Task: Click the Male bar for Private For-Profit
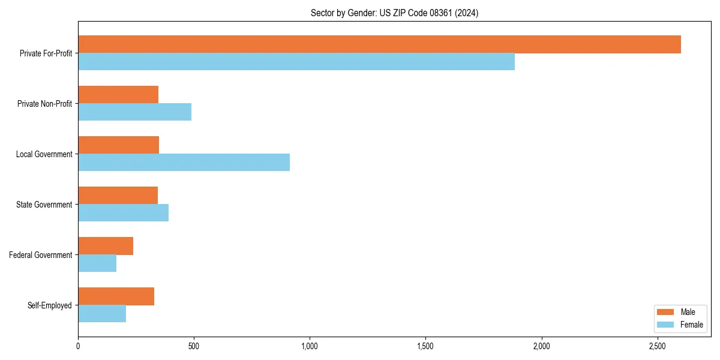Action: point(379,44)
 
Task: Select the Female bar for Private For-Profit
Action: point(296,62)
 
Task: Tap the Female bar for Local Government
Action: point(184,163)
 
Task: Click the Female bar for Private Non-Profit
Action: point(134,112)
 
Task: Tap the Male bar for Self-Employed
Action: point(116,296)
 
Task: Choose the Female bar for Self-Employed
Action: point(102,314)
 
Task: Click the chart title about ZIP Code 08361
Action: point(394,13)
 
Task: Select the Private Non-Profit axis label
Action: point(44,104)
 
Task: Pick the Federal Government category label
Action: point(41,255)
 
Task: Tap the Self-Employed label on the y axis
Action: point(49,305)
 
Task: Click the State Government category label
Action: point(44,205)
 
